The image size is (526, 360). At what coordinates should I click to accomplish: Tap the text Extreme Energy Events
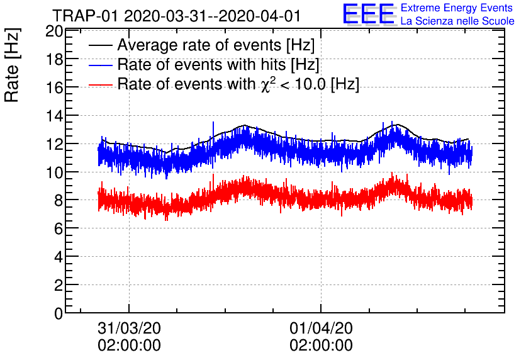pyautogui.click(x=456, y=8)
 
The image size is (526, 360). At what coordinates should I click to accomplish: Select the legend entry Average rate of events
pyautogui.click(x=216, y=46)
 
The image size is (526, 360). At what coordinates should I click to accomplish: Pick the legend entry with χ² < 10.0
pyautogui.click(x=238, y=84)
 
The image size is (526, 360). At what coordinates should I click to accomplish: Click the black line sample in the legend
pyautogui.click(x=101, y=46)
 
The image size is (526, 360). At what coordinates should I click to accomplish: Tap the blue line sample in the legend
pyautogui.click(x=101, y=65)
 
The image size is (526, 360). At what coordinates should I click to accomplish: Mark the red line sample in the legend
pyautogui.click(x=101, y=84)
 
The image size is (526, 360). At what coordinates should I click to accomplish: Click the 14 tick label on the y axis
pyautogui.click(x=53, y=116)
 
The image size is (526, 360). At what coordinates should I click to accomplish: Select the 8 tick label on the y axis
pyautogui.click(x=57, y=200)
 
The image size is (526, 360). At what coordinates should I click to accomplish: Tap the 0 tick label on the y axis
pyautogui.click(x=57, y=313)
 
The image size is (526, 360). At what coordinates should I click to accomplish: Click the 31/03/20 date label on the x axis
pyautogui.click(x=129, y=329)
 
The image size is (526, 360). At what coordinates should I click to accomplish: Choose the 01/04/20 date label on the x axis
pyautogui.click(x=321, y=329)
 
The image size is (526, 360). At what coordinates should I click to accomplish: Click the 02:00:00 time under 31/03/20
pyautogui.click(x=129, y=346)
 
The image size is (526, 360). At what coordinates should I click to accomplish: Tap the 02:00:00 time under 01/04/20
pyautogui.click(x=321, y=346)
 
